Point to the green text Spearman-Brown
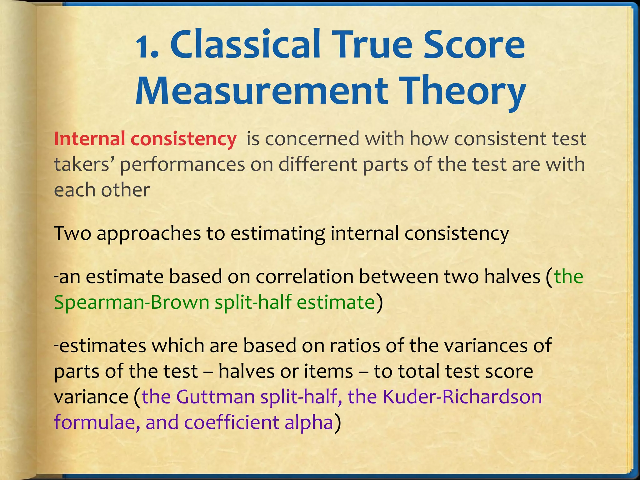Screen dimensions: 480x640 pos(131,302)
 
